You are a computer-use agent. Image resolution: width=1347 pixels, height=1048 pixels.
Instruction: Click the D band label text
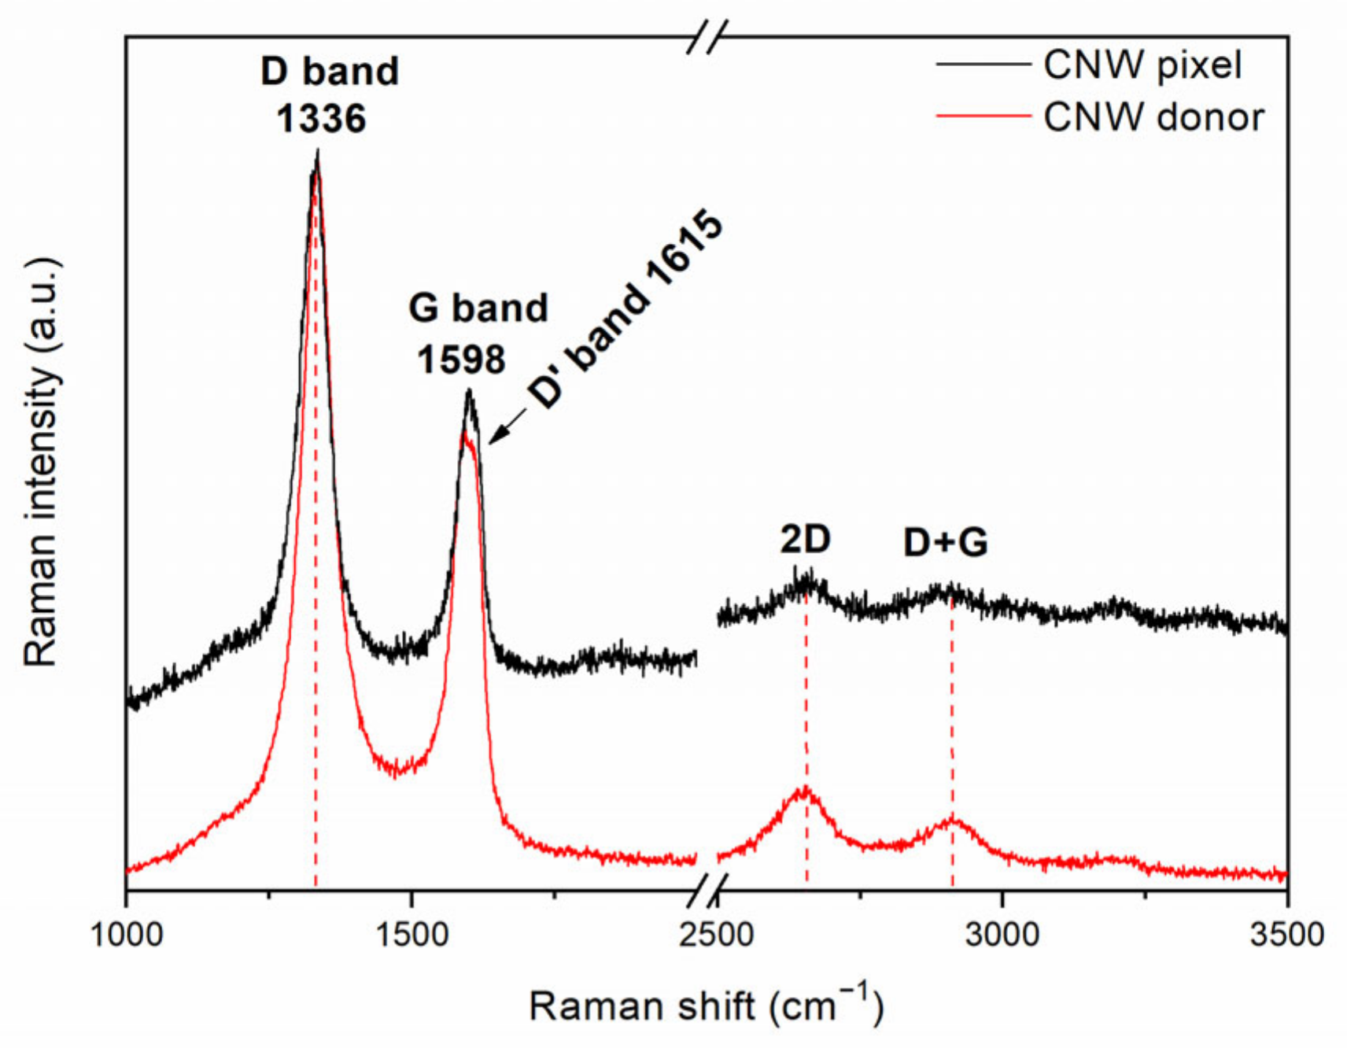(x=330, y=72)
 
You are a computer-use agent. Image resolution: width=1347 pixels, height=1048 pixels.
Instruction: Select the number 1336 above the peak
(x=321, y=119)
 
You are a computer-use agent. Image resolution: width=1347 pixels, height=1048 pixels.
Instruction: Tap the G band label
(x=478, y=308)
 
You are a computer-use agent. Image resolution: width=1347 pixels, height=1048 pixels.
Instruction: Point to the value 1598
(x=461, y=360)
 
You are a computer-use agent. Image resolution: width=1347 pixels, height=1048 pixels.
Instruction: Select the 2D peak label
(x=805, y=540)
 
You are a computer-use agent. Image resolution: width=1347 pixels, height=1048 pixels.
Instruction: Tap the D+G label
(x=945, y=543)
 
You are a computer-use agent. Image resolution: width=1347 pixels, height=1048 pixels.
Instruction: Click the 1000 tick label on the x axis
(x=127, y=935)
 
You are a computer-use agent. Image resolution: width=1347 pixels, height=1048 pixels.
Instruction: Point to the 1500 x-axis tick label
(x=412, y=935)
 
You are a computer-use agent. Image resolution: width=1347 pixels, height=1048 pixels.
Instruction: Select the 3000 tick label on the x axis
(x=1002, y=935)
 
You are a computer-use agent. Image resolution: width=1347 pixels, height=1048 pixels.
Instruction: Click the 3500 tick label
(x=1287, y=935)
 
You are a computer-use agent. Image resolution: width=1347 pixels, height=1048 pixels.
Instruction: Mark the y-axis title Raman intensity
(x=42, y=461)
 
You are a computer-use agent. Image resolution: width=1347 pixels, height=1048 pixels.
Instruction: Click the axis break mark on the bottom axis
(x=707, y=890)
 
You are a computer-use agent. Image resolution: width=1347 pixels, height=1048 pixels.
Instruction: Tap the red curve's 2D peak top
(x=804, y=788)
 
